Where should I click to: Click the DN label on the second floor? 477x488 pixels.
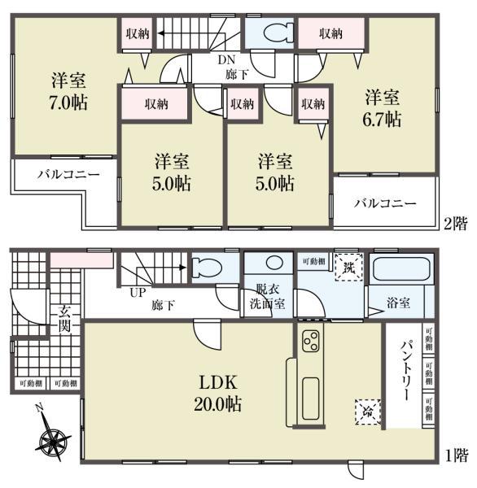point(225,59)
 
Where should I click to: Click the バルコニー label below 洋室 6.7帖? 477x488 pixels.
point(384,203)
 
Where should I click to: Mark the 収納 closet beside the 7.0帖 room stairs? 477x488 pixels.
point(137,34)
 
